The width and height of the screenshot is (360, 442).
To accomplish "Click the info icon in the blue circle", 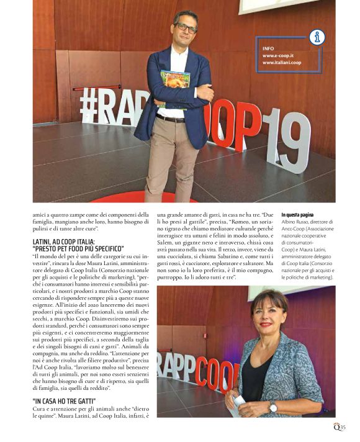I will (317, 37).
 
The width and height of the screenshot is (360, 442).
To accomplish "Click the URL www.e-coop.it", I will (276, 55).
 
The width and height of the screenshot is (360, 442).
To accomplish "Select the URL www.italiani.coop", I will (281, 63).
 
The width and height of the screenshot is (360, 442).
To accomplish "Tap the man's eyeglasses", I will (186, 28).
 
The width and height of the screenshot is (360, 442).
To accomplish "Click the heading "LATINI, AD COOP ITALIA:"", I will (63, 241).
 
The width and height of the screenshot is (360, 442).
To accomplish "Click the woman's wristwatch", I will (273, 407).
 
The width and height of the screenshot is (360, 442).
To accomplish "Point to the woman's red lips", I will (266, 324).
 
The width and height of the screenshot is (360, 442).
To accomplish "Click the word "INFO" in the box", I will (268, 48).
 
